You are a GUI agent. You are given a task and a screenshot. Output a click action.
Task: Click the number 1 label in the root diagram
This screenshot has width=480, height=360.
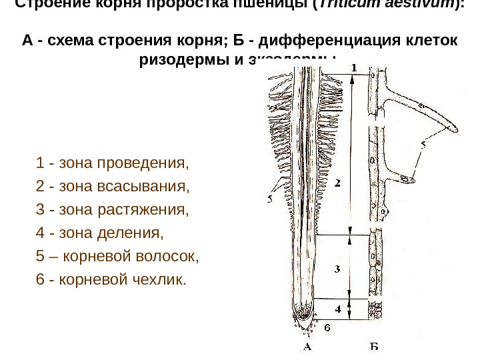(353, 67)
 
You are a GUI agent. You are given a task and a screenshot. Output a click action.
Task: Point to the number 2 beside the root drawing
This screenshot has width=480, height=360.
(337, 182)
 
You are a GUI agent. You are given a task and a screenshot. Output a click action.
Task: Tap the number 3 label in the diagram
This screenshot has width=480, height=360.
(337, 269)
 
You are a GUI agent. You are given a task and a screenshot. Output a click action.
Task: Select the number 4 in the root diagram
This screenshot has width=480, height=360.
(338, 309)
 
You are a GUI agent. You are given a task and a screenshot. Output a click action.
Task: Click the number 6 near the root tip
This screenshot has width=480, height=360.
(326, 328)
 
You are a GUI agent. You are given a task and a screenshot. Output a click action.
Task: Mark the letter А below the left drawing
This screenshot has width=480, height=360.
(307, 347)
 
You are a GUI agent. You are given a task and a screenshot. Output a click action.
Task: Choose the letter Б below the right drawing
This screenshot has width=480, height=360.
(374, 347)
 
